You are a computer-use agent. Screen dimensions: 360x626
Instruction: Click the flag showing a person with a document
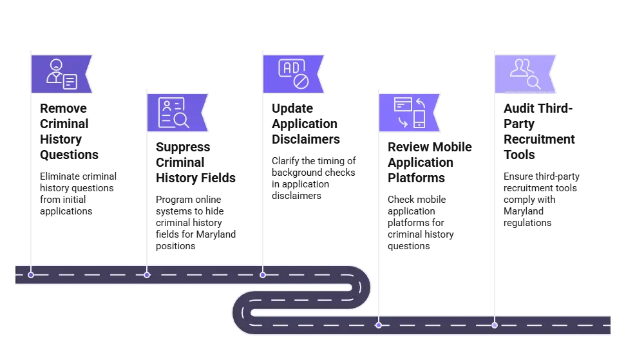pyautogui.click(x=61, y=73)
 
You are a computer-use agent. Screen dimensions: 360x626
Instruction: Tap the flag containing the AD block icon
pyautogui.click(x=293, y=73)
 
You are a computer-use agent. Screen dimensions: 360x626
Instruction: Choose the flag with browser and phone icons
pyautogui.click(x=409, y=112)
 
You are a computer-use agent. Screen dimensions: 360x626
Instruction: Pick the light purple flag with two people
pyautogui.click(x=524, y=73)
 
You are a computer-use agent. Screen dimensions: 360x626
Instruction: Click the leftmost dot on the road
pyautogui.click(x=31, y=275)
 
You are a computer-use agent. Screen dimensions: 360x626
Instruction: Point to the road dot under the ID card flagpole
pyautogui.click(x=147, y=275)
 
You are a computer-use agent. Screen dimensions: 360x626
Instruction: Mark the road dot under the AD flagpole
pyautogui.click(x=263, y=275)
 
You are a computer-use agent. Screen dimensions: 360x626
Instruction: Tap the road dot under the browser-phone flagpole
pyautogui.click(x=379, y=325)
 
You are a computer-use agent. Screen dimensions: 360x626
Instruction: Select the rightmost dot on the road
pyautogui.click(x=495, y=325)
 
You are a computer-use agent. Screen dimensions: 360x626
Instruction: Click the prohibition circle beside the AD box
pyautogui.click(x=301, y=81)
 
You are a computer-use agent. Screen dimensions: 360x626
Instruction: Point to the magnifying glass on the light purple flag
pyautogui.click(x=533, y=82)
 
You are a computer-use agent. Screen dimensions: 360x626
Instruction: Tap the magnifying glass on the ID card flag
pyautogui.click(x=181, y=120)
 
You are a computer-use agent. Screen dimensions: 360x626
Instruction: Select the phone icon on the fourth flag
pyautogui.click(x=419, y=119)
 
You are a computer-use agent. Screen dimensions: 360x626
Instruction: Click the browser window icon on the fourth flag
pyautogui.click(x=403, y=104)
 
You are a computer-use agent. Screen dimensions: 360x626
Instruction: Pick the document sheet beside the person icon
pyautogui.click(x=70, y=81)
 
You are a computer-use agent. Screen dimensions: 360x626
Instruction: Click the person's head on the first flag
pyautogui.click(x=56, y=65)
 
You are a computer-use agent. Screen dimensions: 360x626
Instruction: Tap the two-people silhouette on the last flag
pyautogui.click(x=520, y=68)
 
